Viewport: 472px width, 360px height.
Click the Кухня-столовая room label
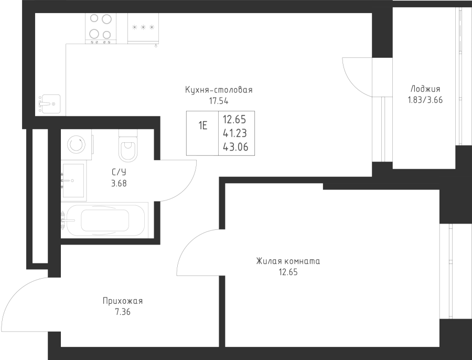(219, 90)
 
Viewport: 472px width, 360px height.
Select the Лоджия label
(425, 89)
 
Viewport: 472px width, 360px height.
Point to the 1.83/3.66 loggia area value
(425, 99)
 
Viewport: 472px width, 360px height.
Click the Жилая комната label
(288, 261)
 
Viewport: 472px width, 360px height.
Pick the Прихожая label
(123, 301)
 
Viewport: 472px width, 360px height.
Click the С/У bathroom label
(119, 172)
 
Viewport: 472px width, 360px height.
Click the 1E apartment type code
(202, 125)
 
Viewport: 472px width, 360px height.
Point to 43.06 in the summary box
(235, 147)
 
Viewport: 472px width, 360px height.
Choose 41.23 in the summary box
(235, 133)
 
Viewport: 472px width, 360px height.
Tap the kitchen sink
(50, 103)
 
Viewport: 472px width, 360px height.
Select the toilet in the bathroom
(127, 147)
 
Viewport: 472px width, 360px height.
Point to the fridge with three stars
(143, 28)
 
